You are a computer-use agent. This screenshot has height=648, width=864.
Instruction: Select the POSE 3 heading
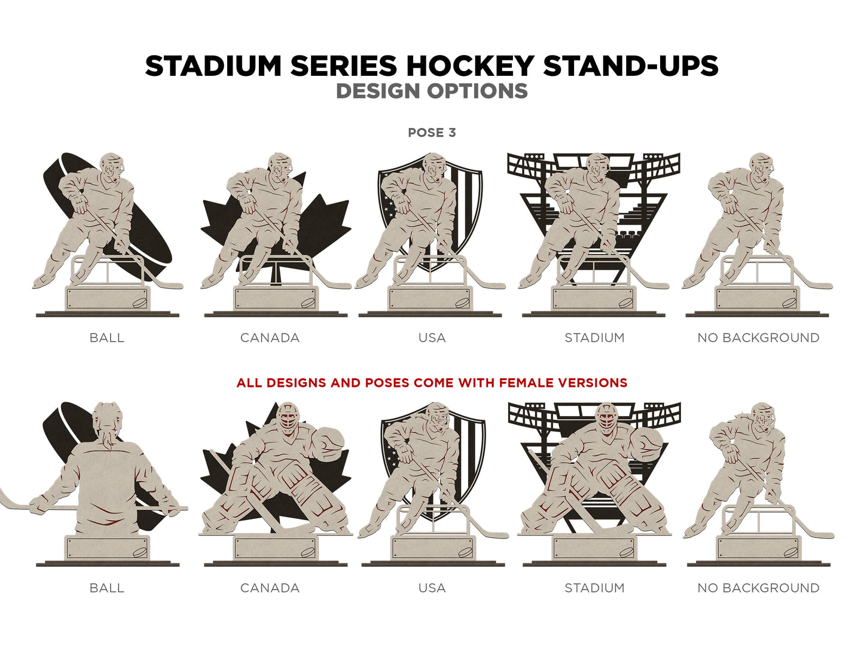[432, 133]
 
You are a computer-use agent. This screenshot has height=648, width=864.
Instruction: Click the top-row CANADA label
[270, 338]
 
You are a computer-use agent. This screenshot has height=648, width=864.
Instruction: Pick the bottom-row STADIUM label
[594, 588]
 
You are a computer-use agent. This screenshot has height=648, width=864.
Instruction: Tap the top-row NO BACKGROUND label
[758, 338]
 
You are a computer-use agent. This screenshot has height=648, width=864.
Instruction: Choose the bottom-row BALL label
[106, 588]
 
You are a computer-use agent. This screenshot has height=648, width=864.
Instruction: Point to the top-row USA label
[432, 338]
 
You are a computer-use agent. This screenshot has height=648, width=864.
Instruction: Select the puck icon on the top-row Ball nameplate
[139, 303]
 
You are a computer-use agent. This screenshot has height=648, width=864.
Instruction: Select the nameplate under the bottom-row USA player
[432, 548]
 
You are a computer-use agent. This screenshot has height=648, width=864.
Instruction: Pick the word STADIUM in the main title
[213, 65]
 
